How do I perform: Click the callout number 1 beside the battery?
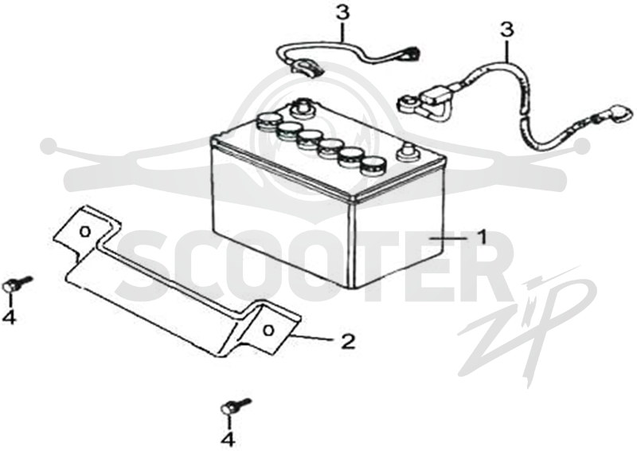point(482,237)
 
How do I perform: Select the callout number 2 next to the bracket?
point(348,341)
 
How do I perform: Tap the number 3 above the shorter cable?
point(342,13)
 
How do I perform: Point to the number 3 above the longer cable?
point(506,29)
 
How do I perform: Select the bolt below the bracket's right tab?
point(236,406)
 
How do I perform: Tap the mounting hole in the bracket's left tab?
point(84,232)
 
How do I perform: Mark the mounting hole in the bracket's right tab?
point(268,330)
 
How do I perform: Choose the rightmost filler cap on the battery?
point(373,166)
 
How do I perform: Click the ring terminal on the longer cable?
point(408,102)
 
